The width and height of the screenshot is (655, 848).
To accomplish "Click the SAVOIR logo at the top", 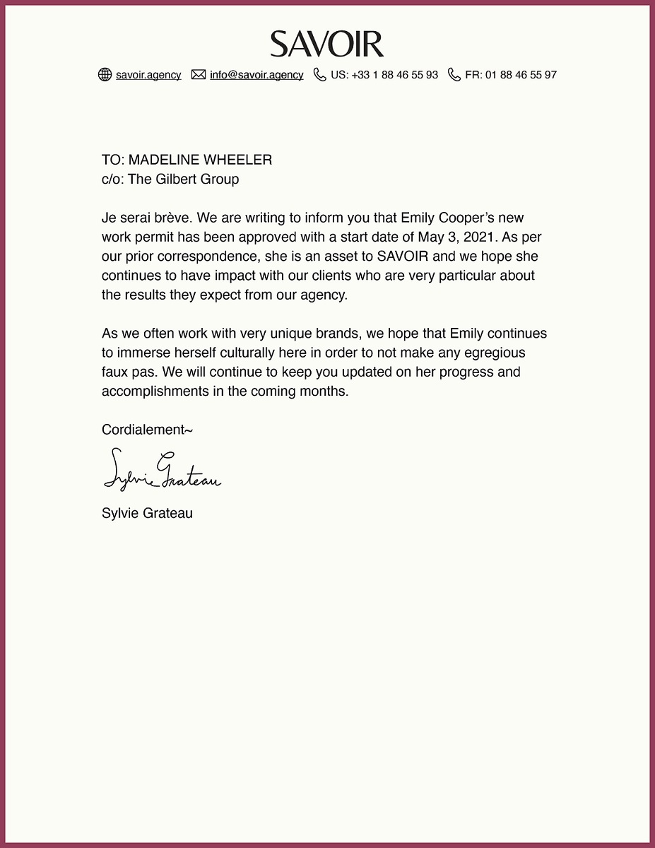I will (327, 44).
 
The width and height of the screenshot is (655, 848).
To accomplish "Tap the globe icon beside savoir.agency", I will (105, 75).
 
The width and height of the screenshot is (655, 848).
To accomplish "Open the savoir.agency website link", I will (148, 75).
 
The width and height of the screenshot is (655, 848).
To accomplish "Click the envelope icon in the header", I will (199, 75).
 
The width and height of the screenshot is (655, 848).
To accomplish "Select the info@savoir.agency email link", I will (256, 75).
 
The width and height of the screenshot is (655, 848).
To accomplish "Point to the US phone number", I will (384, 75).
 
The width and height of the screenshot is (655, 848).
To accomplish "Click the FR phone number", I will (511, 75).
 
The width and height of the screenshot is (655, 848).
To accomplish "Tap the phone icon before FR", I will (454, 75).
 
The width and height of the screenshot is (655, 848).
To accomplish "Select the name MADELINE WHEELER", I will (200, 160).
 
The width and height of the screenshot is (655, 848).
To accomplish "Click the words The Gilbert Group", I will (183, 179).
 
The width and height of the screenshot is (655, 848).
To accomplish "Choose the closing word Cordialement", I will (145, 430).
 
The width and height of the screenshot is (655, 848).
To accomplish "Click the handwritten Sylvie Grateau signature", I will (162, 470).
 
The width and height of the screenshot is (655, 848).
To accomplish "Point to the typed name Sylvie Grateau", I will (147, 513).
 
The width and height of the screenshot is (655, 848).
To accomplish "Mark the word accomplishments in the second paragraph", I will (155, 391).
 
